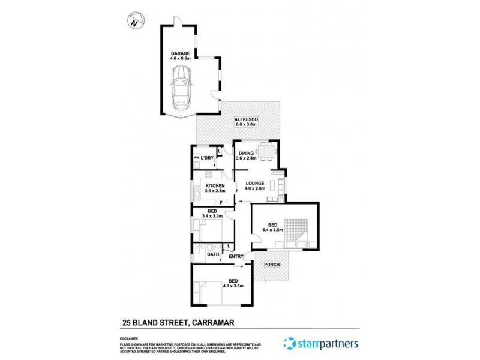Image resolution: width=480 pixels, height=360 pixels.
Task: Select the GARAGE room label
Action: click(179, 53)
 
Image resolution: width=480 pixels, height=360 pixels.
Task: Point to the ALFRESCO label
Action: click(246, 121)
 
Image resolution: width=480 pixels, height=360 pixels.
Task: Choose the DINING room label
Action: click(245, 153)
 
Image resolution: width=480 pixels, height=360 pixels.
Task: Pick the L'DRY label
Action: click(208, 158)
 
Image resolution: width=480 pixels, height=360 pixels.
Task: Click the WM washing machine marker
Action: click(196, 158)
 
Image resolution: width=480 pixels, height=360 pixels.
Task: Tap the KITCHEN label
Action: click(215, 187)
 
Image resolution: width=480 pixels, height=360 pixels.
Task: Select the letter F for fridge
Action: click(221, 203)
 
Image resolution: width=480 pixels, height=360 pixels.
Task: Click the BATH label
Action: click(213, 254)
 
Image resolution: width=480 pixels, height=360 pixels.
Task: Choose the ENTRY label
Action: click(236, 257)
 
